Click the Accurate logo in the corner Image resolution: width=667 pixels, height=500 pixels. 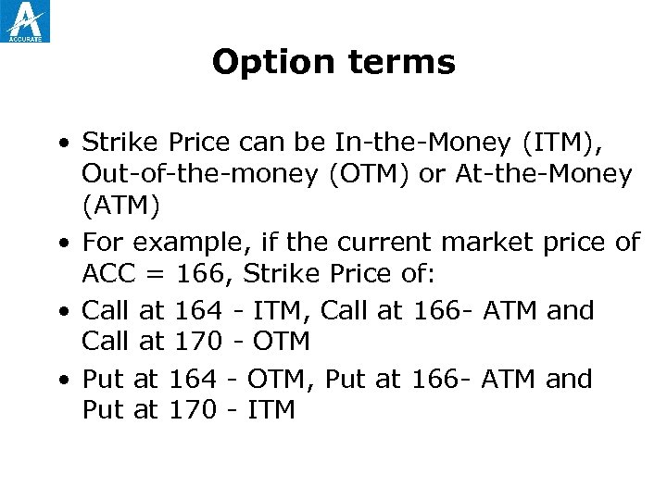tap(26, 21)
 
